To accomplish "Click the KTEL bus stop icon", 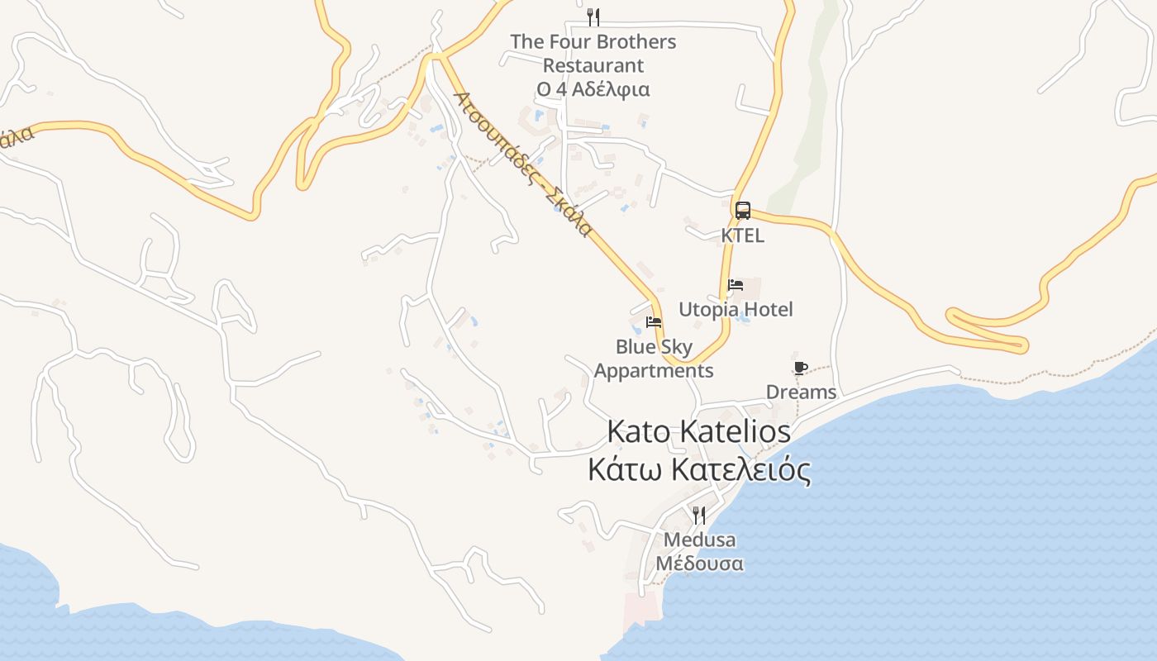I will pyautogui.click(x=742, y=210).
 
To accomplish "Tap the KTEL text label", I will pyautogui.click(x=742, y=235).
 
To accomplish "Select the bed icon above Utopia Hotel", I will pyautogui.click(x=735, y=285).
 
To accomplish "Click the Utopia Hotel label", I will pyautogui.click(x=735, y=310).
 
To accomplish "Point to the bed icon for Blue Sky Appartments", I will pyautogui.click(x=654, y=321).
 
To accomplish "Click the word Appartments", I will pyautogui.click(x=654, y=371).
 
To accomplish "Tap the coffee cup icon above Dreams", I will pyautogui.click(x=800, y=368).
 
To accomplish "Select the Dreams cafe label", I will pyautogui.click(x=801, y=392).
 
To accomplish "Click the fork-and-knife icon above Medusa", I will pyautogui.click(x=699, y=516).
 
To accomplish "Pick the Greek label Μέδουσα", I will pyautogui.click(x=699, y=564).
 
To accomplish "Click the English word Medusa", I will pyautogui.click(x=699, y=540).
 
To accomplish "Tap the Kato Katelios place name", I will pyautogui.click(x=698, y=431).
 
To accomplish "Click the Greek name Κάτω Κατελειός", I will pyautogui.click(x=698, y=470).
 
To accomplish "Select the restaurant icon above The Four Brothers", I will pyautogui.click(x=593, y=17).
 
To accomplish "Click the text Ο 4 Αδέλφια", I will pyautogui.click(x=593, y=89).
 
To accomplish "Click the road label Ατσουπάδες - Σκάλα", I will pyautogui.click(x=522, y=164).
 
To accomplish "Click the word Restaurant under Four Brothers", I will pyautogui.click(x=593, y=65).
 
